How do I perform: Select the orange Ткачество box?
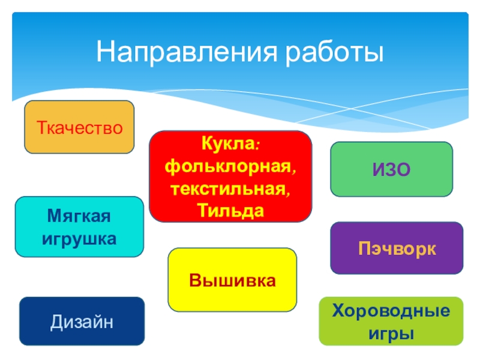79,127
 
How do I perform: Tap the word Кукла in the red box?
228,143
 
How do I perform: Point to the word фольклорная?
228,166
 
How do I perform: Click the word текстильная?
228,188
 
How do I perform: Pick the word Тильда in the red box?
230,211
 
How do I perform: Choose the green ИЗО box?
392,169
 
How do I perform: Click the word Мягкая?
79,216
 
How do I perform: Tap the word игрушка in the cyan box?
79,239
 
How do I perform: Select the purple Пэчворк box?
397,248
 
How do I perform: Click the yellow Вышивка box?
232,280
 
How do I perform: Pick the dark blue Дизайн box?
82,321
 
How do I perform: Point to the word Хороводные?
391,311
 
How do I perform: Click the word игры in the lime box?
391,334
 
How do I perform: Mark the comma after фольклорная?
294,172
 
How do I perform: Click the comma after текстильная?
288,194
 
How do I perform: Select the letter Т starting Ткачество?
41,127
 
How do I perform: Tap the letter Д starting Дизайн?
57,322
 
